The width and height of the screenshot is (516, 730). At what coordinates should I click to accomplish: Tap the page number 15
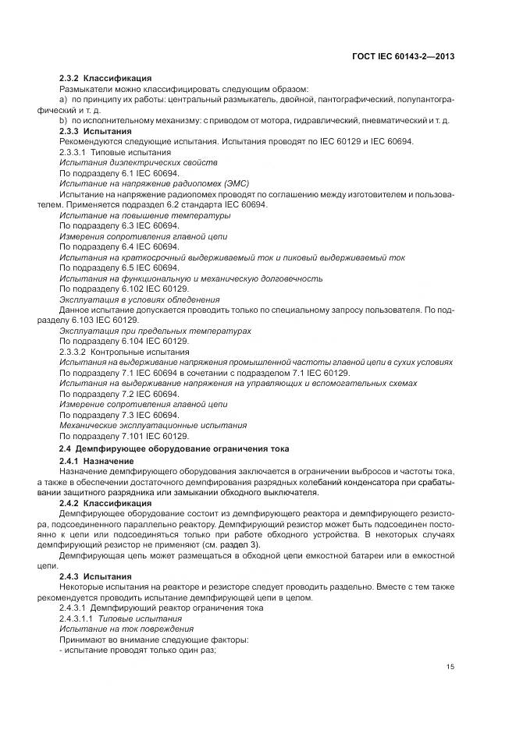450,666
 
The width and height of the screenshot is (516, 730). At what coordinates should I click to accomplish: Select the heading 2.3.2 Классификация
105,79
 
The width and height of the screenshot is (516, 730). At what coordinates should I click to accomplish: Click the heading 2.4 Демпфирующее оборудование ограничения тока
174,448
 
